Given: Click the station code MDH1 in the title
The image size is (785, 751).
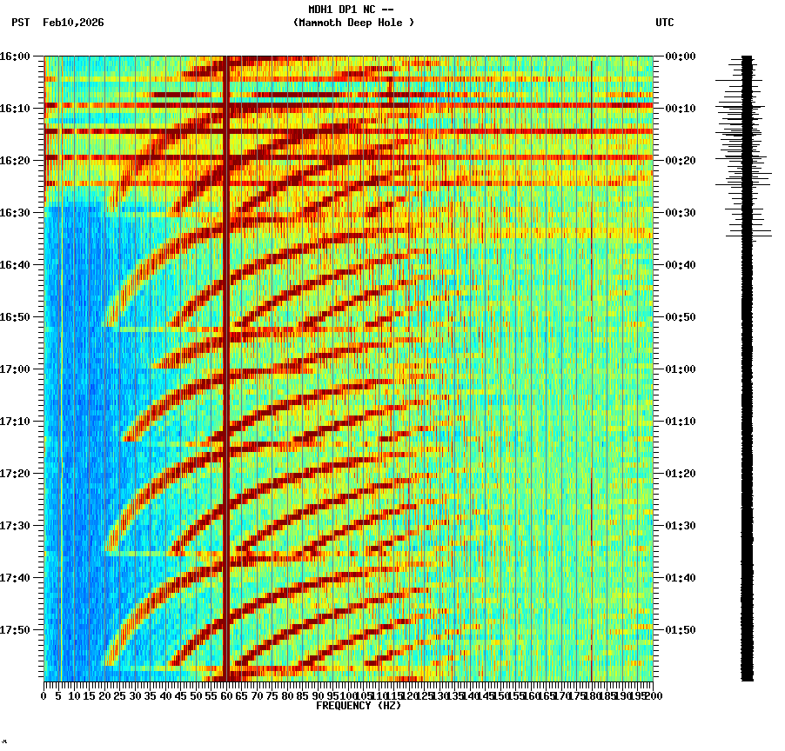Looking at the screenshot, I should click(x=321, y=10).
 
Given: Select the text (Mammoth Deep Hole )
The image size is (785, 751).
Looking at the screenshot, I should click(x=353, y=23).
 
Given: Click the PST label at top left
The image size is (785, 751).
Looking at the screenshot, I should click(x=21, y=23).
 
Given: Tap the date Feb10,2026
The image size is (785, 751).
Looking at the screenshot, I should click(x=73, y=23).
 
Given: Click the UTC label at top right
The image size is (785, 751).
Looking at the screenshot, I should click(x=664, y=23).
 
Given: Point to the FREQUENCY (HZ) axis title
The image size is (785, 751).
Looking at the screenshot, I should click(x=358, y=706).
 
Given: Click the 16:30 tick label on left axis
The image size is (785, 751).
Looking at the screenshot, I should click(x=15, y=213).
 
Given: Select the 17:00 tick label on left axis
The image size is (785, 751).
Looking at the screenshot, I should click(x=15, y=369).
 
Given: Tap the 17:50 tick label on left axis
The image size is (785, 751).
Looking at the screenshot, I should click(x=15, y=630).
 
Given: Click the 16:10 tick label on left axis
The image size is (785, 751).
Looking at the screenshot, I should click(x=15, y=109).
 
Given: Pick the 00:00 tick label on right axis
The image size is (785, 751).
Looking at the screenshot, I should click(x=680, y=56).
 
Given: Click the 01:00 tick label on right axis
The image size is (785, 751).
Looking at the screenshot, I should click(x=680, y=369).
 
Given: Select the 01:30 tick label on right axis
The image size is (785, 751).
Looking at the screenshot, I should click(x=680, y=526).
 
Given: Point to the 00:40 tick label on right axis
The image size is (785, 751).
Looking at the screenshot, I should click(x=680, y=265).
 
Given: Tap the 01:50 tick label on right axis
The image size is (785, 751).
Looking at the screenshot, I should click(x=680, y=630).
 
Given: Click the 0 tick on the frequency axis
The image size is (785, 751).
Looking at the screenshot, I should click(x=44, y=696).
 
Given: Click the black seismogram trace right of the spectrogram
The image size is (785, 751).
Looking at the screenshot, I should click(x=747, y=435).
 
